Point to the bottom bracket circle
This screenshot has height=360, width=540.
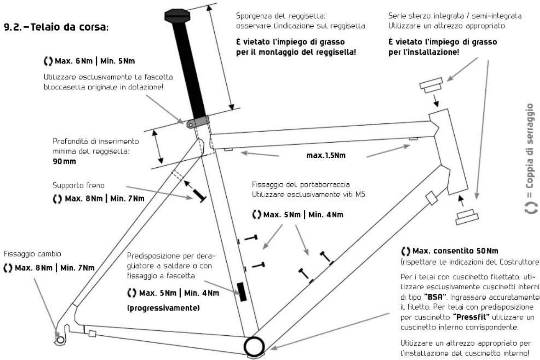click(253, 346)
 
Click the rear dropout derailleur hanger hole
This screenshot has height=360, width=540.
click(60, 340)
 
